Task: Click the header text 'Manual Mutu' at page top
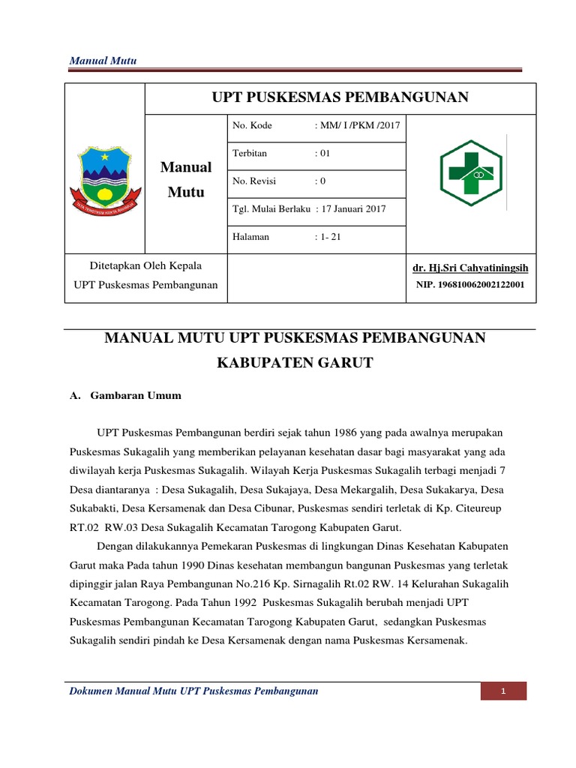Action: click(102, 61)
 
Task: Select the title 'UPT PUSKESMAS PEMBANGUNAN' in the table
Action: click(340, 97)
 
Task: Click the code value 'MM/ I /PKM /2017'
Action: click(358, 125)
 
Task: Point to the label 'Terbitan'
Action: click(250, 153)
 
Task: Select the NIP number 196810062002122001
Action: click(470, 286)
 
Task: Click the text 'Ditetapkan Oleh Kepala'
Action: click(137, 265)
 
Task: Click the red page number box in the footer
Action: click(504, 691)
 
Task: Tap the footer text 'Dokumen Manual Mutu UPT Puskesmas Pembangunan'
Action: click(193, 690)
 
